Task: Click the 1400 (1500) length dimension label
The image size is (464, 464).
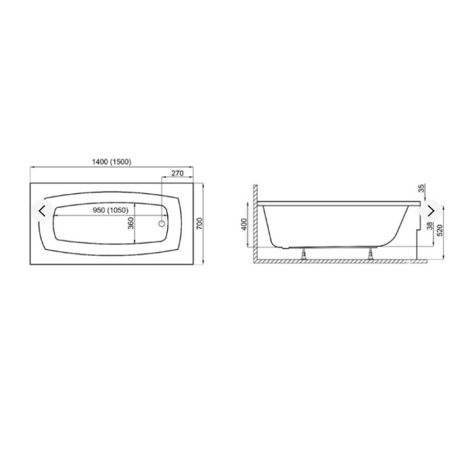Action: pos(111,162)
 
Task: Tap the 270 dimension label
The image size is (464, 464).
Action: pos(178,173)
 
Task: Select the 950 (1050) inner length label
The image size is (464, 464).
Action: pos(111,210)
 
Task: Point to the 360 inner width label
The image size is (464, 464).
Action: pos(131,223)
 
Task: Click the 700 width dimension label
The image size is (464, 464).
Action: pos(200,223)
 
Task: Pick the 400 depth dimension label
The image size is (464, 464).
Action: pos(244,224)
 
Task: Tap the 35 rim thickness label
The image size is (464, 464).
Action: pos(422,188)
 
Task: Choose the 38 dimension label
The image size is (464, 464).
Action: pos(430,226)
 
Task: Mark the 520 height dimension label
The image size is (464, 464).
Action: pos(440,230)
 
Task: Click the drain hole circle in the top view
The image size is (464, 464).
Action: pos(162,223)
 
